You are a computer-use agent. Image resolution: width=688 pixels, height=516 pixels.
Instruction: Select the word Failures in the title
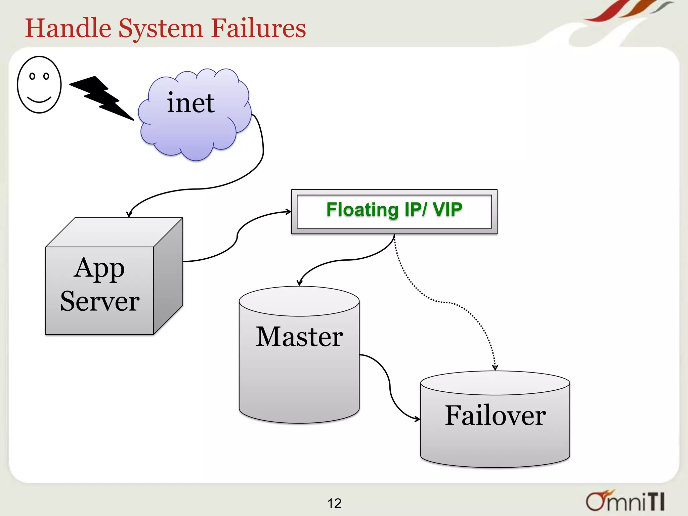[258, 28]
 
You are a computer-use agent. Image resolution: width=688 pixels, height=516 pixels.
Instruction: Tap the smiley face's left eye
[32, 76]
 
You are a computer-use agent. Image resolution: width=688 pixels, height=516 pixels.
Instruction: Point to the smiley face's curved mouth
[39, 100]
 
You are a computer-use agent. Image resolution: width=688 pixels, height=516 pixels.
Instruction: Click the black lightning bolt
[101, 97]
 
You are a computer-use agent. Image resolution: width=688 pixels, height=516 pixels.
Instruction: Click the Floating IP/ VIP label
[394, 210]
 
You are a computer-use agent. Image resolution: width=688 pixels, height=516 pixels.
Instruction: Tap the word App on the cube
[99, 269]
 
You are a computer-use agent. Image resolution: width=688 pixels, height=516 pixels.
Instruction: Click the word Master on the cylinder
[299, 337]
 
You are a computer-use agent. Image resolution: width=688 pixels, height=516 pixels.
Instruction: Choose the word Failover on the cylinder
[495, 416]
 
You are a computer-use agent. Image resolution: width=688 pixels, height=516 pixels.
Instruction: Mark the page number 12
[334, 503]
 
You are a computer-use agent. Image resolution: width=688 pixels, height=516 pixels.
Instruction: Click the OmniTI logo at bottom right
[625, 501]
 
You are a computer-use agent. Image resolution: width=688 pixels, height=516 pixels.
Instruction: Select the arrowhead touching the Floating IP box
[288, 212]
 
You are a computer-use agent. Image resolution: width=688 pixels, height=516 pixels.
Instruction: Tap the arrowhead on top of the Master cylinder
[300, 283]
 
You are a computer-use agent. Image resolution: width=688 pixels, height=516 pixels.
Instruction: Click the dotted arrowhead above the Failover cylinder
[495, 368]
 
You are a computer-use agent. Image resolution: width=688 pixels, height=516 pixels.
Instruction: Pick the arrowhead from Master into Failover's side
[417, 419]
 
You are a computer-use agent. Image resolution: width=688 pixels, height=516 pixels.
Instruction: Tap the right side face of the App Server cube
[168, 275]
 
